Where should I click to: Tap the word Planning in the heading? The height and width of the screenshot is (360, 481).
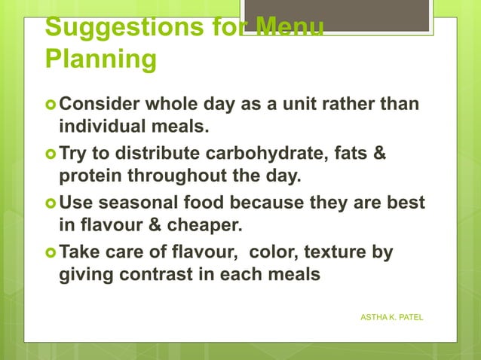coord(100,59)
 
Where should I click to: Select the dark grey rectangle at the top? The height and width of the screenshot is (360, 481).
coord(337,15)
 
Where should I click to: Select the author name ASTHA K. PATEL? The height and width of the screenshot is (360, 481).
coord(392,318)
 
